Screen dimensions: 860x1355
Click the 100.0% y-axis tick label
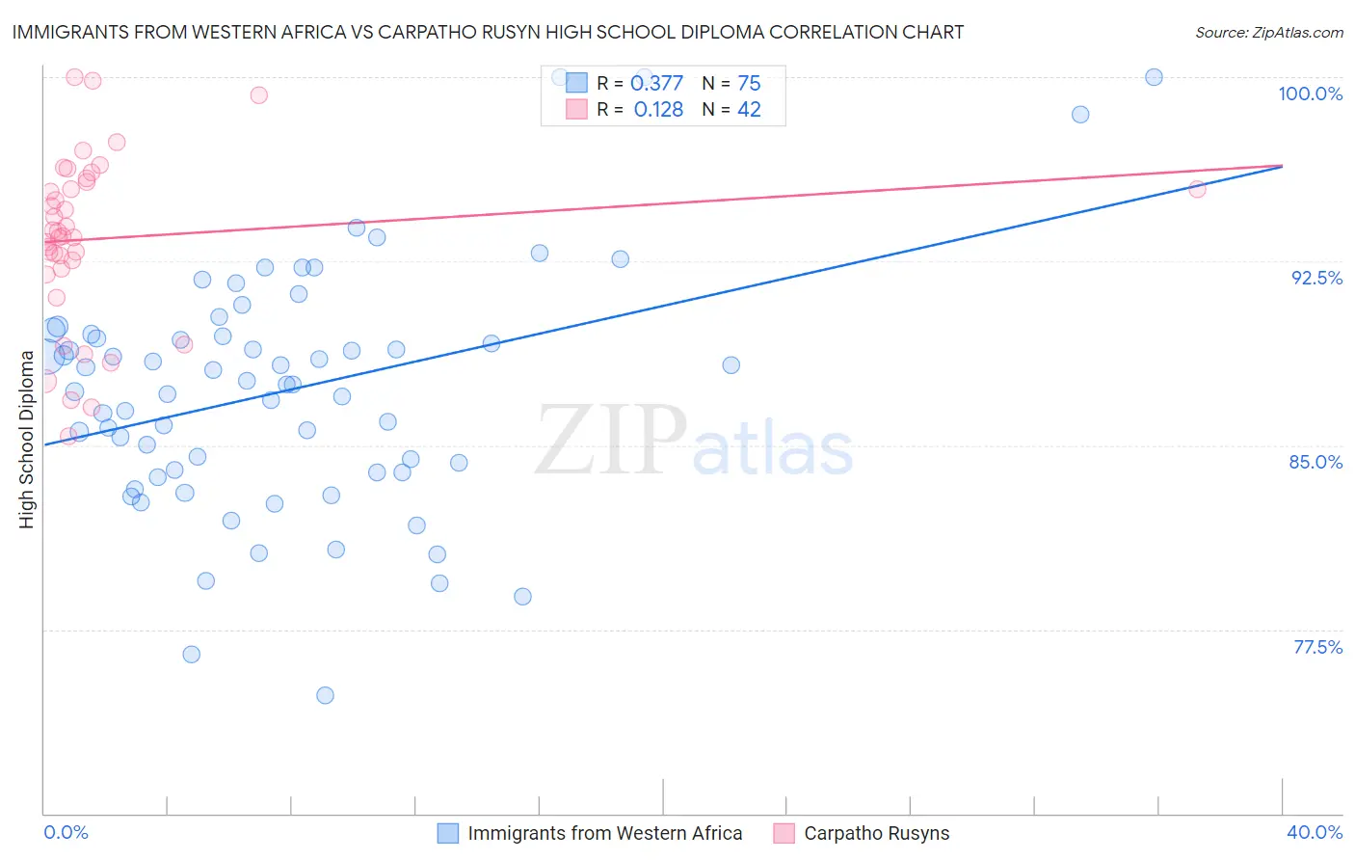click(1310, 94)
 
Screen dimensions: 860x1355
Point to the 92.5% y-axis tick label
click(1316, 278)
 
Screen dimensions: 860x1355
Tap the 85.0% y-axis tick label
click(1315, 462)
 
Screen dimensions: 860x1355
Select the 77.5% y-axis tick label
click(1317, 647)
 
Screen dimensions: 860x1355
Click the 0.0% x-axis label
click(66, 832)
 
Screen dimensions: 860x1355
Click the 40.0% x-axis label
click(1315, 832)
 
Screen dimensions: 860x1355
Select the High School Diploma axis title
click(27, 439)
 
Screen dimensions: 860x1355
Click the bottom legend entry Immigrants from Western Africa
click(604, 833)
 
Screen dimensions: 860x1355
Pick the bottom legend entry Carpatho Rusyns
click(876, 833)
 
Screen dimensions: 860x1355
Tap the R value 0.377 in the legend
click(656, 83)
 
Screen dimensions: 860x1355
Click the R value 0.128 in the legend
click(658, 110)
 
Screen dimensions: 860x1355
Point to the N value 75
click(749, 83)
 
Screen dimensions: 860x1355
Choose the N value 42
click(749, 110)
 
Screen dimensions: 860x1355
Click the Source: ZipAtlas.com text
click(1268, 32)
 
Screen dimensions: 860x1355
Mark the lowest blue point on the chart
click(325, 695)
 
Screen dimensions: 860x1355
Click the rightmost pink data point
click(1197, 189)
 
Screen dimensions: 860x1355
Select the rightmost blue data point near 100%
click(1154, 77)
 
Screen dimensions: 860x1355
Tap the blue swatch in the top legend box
click(576, 83)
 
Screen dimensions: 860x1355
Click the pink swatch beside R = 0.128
click(576, 110)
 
